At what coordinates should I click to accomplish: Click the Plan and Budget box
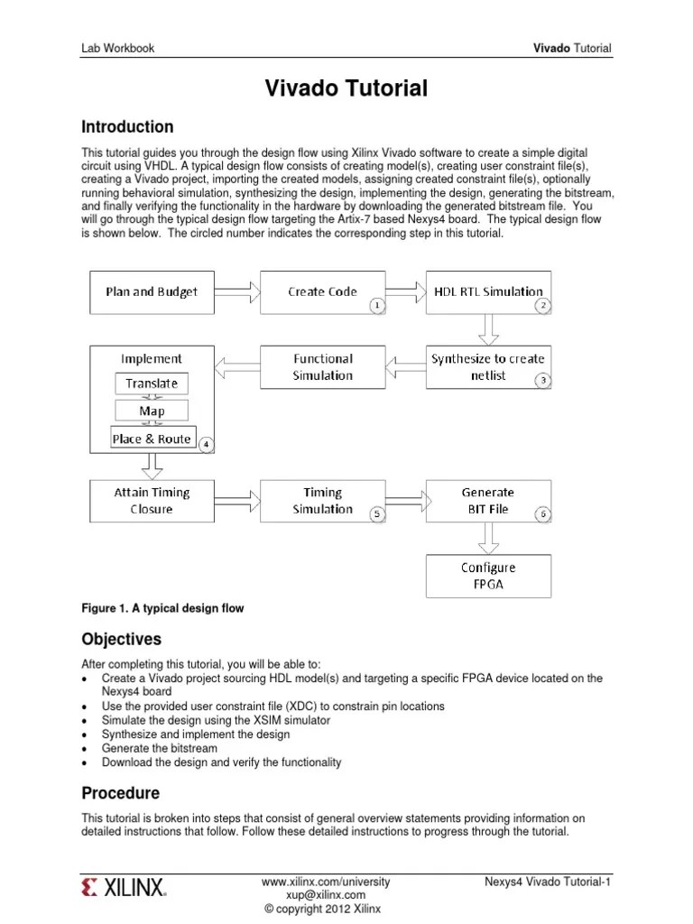pyautogui.click(x=152, y=292)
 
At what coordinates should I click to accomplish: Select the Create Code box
pyautogui.click(x=322, y=292)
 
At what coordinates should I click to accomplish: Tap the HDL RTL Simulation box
pyautogui.click(x=488, y=292)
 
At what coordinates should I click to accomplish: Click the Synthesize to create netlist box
pyautogui.click(x=488, y=366)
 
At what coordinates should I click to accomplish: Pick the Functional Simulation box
pyautogui.click(x=322, y=366)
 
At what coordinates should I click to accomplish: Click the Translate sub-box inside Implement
pyautogui.click(x=152, y=383)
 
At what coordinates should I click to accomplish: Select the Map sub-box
pyautogui.click(x=152, y=411)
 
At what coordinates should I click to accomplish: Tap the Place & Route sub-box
pyautogui.click(x=152, y=439)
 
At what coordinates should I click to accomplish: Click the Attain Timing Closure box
pyautogui.click(x=152, y=501)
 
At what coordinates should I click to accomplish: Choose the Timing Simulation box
pyautogui.click(x=322, y=501)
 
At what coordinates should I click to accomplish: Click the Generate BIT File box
pyautogui.click(x=488, y=501)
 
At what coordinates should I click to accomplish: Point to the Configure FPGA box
pyautogui.click(x=488, y=576)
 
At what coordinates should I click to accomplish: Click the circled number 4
pyautogui.click(x=205, y=445)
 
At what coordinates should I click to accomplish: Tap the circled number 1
pyautogui.click(x=376, y=306)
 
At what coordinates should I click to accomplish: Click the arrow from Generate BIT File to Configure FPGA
pyautogui.click(x=488, y=539)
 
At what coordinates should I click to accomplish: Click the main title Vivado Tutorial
pyautogui.click(x=346, y=88)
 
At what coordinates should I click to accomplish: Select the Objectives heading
pyautogui.click(x=122, y=640)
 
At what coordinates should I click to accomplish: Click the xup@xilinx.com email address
pyautogui.click(x=325, y=896)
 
